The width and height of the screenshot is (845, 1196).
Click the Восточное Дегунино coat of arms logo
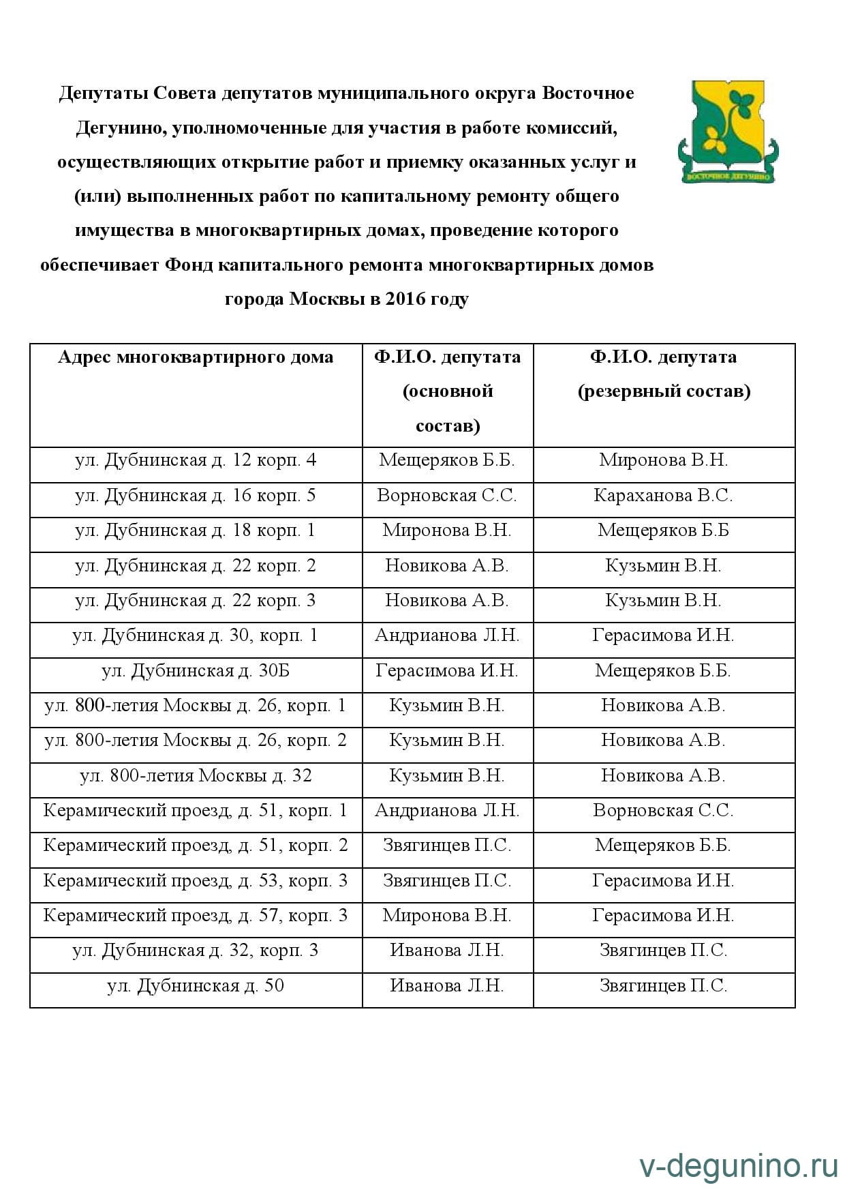[728, 132]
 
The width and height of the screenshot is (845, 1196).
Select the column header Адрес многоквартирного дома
[196, 357]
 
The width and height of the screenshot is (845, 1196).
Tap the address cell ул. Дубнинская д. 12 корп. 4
[196, 460]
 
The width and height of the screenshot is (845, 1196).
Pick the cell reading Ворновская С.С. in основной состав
[447, 496]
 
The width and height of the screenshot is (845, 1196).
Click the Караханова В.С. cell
[663, 496]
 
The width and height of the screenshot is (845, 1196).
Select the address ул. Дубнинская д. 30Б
[196, 671]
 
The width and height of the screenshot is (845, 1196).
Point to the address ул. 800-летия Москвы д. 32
[196, 776]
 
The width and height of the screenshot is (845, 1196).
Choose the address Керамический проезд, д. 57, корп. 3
[196, 916]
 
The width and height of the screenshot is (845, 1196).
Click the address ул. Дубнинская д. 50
[196, 986]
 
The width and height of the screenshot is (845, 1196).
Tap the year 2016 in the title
[405, 299]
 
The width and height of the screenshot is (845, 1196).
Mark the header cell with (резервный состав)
[664, 392]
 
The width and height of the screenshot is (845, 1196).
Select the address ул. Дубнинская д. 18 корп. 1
[196, 530]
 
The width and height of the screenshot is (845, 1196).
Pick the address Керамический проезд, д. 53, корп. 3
[196, 881]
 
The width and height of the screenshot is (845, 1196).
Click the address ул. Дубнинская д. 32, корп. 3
[196, 951]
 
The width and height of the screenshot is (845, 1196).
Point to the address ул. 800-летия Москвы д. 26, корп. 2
[196, 741]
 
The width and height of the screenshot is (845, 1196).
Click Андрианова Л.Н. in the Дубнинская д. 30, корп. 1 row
[447, 636]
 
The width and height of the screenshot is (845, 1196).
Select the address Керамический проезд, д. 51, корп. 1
[196, 811]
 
